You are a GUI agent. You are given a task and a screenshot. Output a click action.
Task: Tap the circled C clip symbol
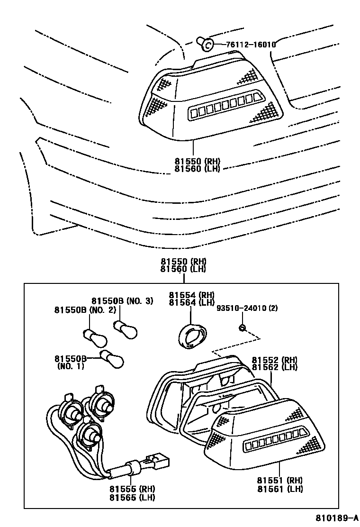tap(207, 45)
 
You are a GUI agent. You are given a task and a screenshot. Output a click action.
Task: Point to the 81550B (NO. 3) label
tap(122, 301)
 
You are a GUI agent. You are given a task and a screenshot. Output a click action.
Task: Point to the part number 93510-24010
tap(243, 308)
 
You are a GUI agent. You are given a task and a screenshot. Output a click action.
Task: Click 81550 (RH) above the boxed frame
tap(183, 261)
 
